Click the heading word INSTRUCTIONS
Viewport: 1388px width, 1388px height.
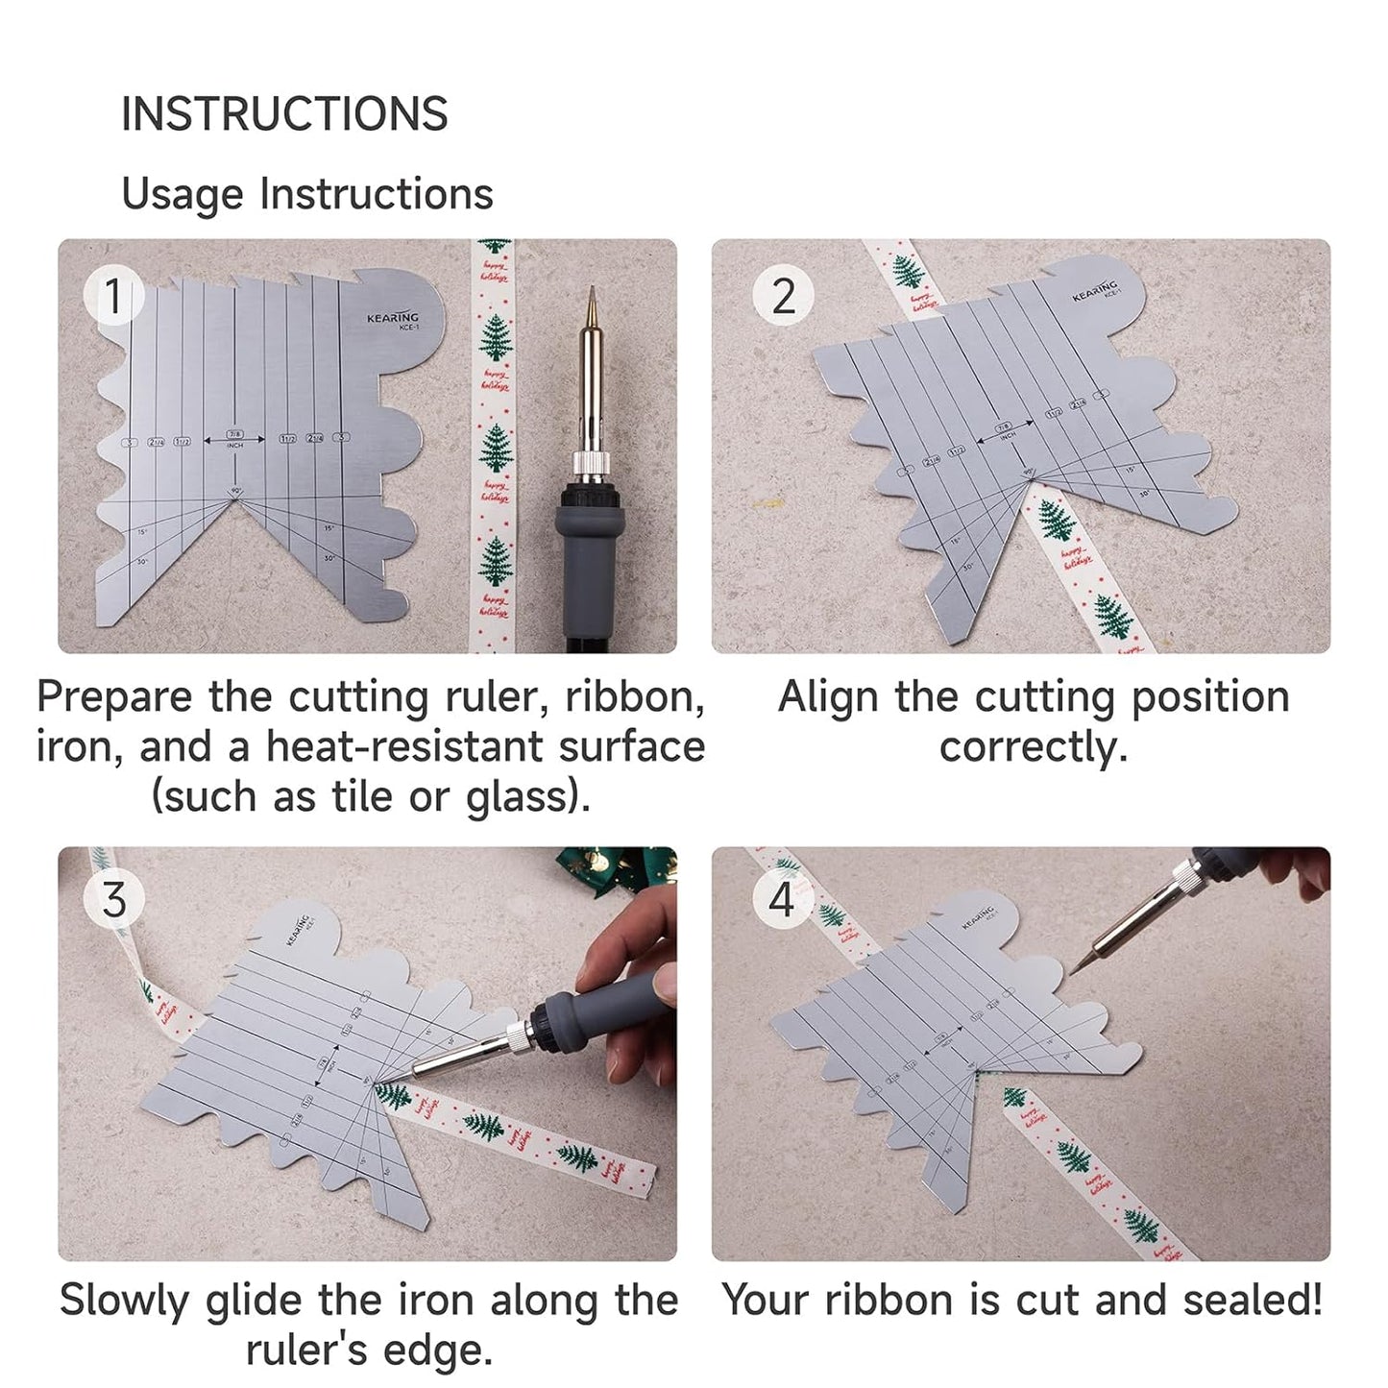[x=284, y=114]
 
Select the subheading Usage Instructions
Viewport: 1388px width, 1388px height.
[x=306, y=194]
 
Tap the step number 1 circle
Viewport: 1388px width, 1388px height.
[x=113, y=296]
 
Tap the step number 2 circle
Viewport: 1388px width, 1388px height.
[x=783, y=296]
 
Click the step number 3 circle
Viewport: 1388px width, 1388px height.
[x=113, y=900]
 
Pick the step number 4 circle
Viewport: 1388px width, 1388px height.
[x=782, y=900]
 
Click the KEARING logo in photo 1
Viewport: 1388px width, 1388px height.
[x=393, y=318]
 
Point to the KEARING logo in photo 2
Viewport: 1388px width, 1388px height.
[x=1096, y=291]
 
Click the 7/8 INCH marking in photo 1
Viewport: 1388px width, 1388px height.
[x=235, y=438]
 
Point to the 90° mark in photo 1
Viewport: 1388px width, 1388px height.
[x=235, y=492]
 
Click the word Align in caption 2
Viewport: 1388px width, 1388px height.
[x=827, y=697]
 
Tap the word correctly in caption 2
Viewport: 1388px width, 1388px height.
[x=1032, y=747]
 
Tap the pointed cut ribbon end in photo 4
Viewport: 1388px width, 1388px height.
[x=1011, y=1096]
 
